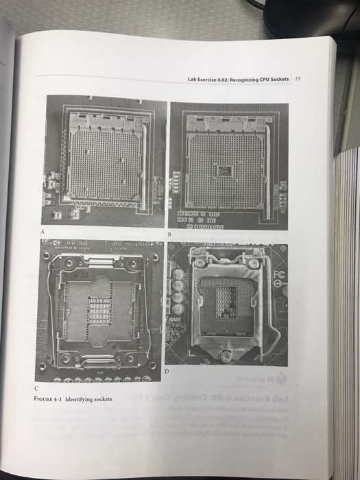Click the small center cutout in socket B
223,166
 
